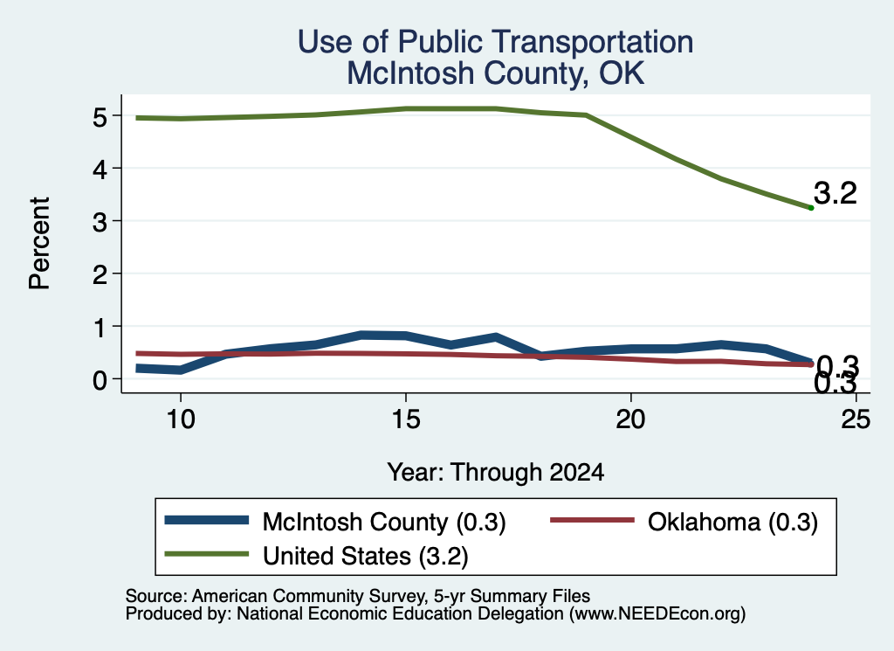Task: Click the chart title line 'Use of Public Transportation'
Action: pyautogui.click(x=495, y=42)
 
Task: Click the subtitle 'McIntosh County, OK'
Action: pyautogui.click(x=496, y=73)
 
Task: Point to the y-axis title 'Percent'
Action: pyautogui.click(x=39, y=243)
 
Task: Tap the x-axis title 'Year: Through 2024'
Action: pyautogui.click(x=496, y=473)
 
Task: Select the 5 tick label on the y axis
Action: pyautogui.click(x=100, y=117)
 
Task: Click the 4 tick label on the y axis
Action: pyautogui.click(x=100, y=170)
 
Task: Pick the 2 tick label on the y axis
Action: pyautogui.click(x=100, y=274)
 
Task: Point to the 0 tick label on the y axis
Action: pyautogui.click(x=100, y=379)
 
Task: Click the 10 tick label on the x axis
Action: pyautogui.click(x=181, y=419)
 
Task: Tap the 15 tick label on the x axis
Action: pyautogui.click(x=406, y=419)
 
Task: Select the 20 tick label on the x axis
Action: pyautogui.click(x=630, y=419)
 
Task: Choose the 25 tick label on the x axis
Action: pyautogui.click(x=856, y=419)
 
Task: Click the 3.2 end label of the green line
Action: pyautogui.click(x=836, y=193)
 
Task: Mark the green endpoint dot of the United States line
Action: pyautogui.click(x=811, y=208)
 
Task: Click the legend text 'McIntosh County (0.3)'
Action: pyautogui.click(x=384, y=522)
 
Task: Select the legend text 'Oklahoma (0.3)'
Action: pyautogui.click(x=732, y=522)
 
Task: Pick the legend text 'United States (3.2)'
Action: pyautogui.click(x=366, y=557)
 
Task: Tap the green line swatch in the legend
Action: pyautogui.click(x=206, y=554)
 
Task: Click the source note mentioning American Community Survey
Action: pyautogui.click(x=357, y=596)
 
